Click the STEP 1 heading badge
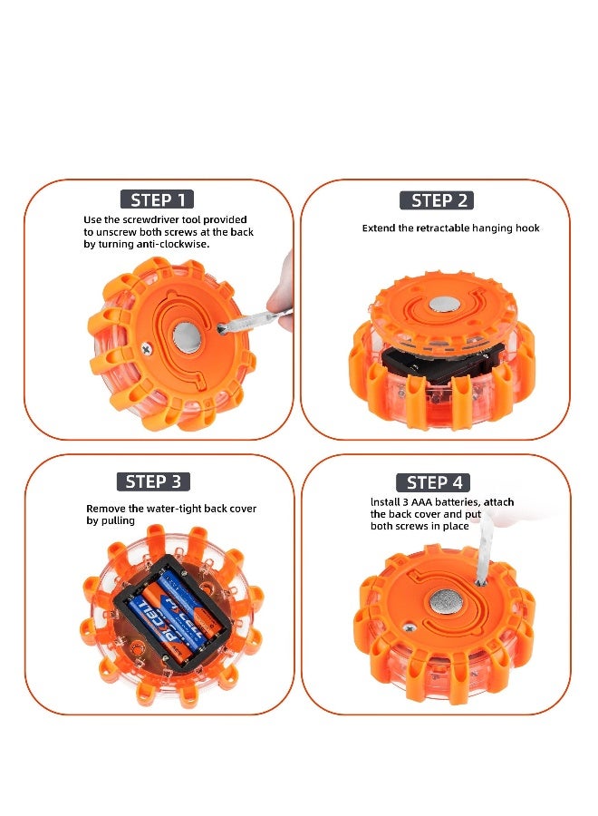coord(157,200)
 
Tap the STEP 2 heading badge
coord(437,200)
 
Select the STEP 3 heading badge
coord(153,481)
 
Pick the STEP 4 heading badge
coord(434,482)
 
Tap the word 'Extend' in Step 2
coord(378,228)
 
